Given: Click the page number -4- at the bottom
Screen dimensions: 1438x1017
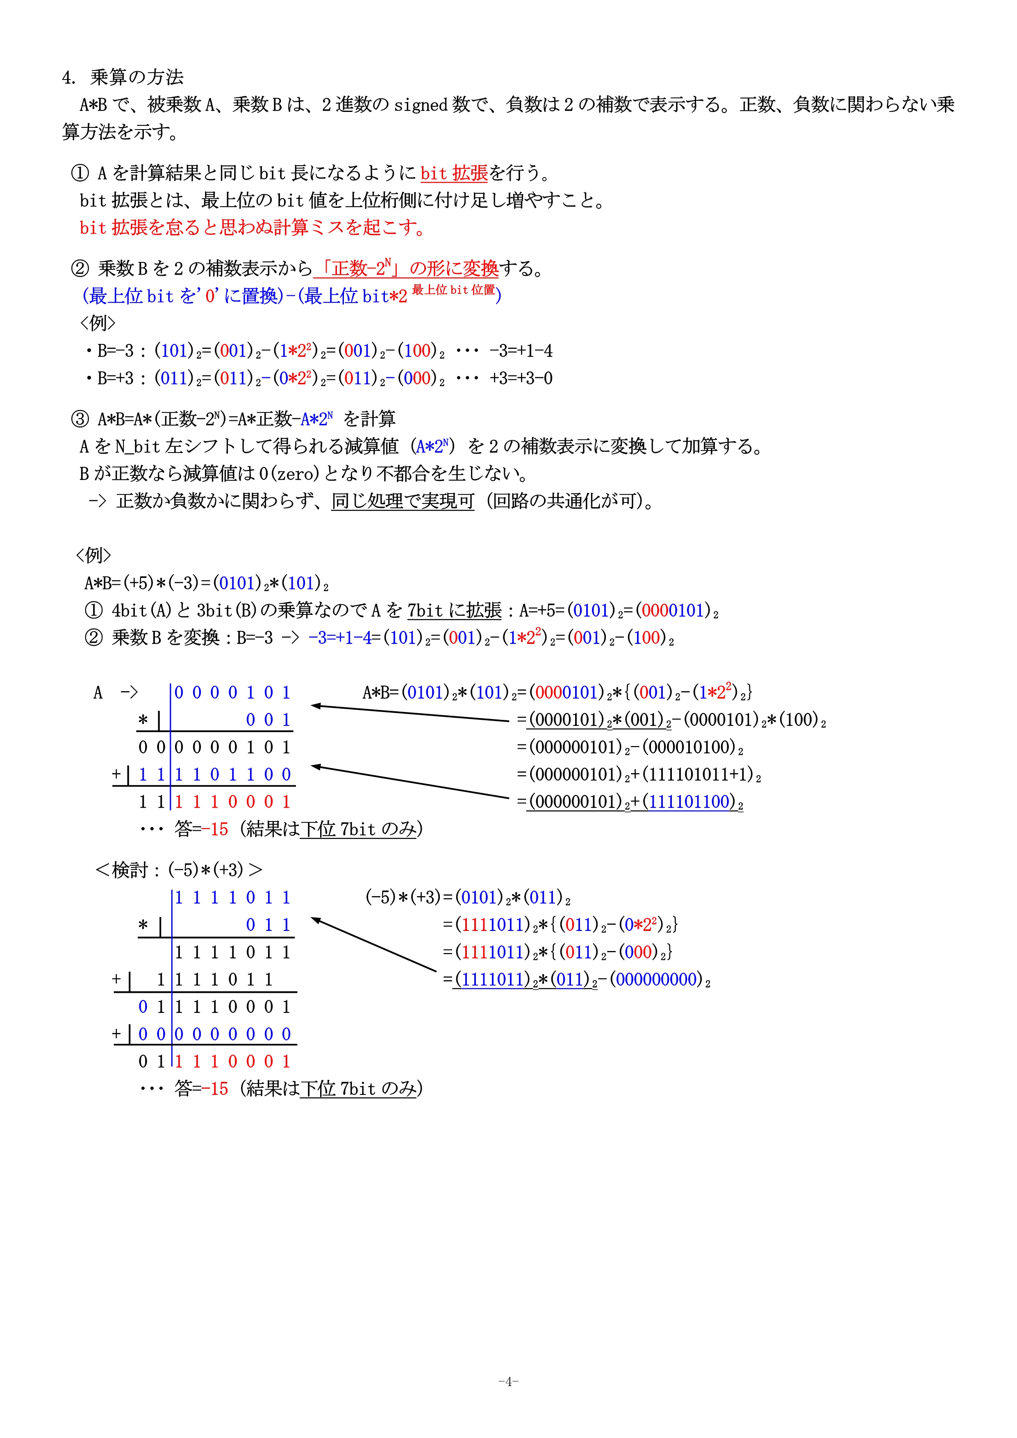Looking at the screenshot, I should (x=508, y=1381).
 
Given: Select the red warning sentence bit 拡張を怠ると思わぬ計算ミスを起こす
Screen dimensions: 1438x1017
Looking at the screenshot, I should (x=253, y=228).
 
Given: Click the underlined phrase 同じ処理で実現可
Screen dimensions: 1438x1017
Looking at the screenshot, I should (x=403, y=501).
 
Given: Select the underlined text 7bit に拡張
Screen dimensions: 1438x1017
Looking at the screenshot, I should (x=454, y=611).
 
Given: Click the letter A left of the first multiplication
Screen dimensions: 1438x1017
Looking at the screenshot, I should (x=98, y=693).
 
